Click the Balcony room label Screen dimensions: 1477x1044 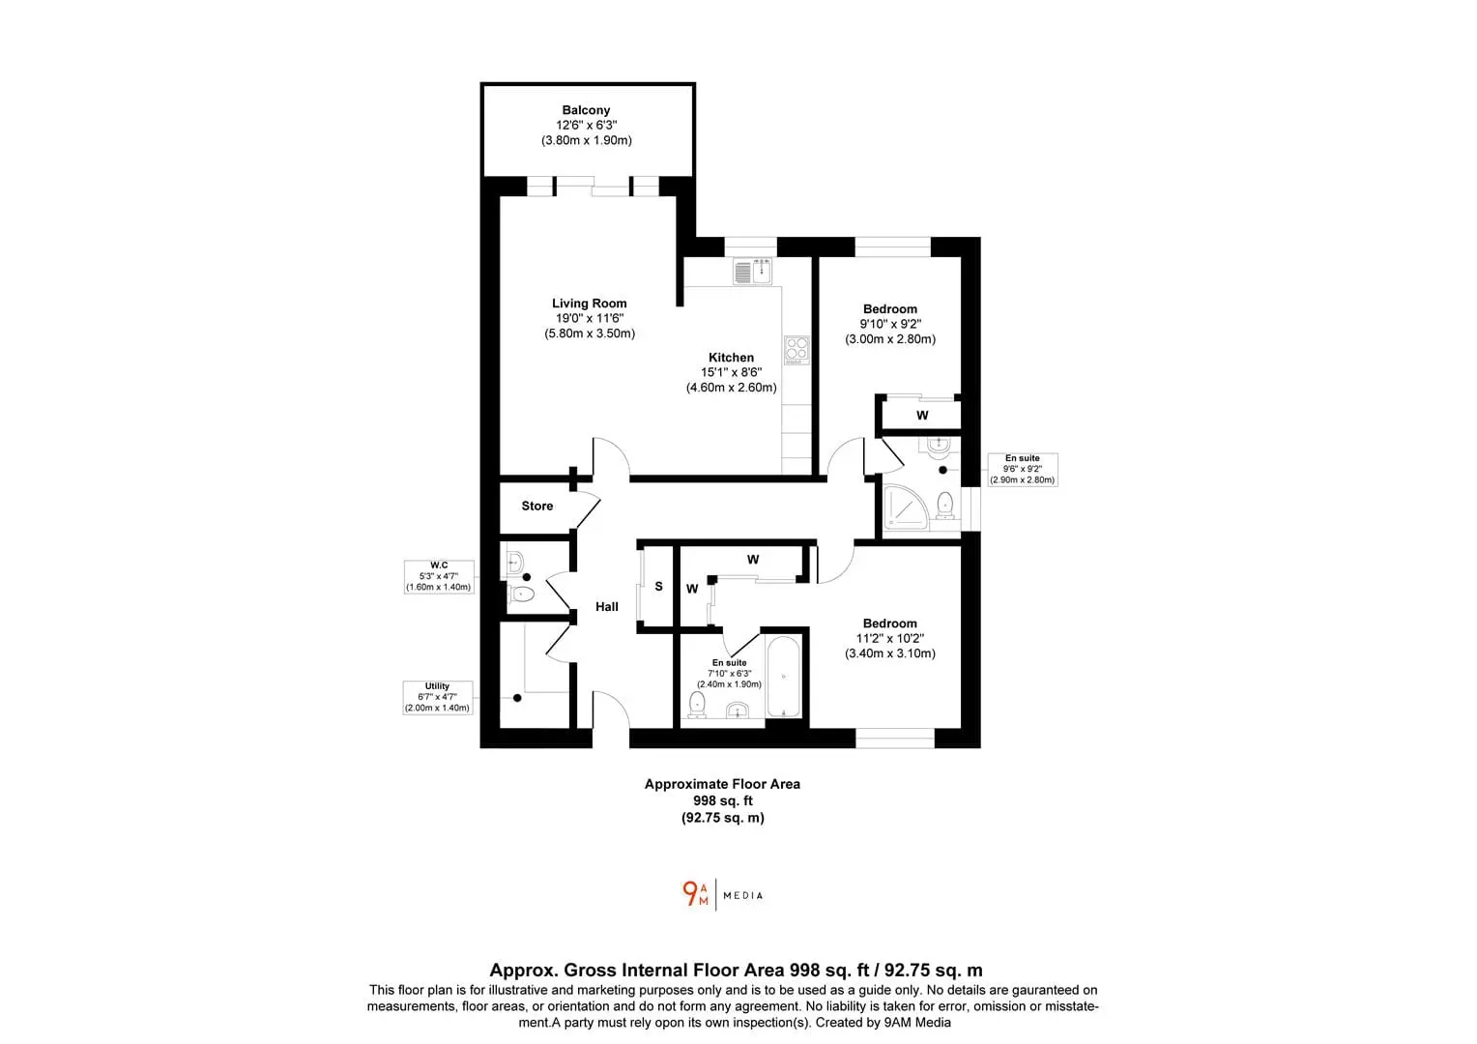[586, 110]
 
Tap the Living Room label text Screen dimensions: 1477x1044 [589, 304]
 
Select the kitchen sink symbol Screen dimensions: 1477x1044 [752, 272]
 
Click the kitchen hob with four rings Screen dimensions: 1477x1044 [796, 350]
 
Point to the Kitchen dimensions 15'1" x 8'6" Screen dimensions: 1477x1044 [731, 372]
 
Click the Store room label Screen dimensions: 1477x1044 [537, 506]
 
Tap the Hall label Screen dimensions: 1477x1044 [607, 607]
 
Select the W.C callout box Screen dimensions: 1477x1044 [439, 576]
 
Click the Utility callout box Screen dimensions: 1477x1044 [438, 697]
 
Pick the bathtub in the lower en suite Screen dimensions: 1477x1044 [783, 676]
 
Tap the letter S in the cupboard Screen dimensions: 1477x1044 [658, 587]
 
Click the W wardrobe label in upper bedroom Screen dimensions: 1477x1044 [922, 416]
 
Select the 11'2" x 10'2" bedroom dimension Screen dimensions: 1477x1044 [890, 638]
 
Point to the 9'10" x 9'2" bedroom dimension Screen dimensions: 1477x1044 [890, 324]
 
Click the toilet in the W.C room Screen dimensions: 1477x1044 [521, 594]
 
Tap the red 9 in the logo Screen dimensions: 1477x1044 [690, 893]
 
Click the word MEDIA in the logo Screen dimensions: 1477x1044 [743, 895]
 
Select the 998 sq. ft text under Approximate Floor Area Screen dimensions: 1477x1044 [723, 800]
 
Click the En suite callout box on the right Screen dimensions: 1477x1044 [1023, 470]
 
